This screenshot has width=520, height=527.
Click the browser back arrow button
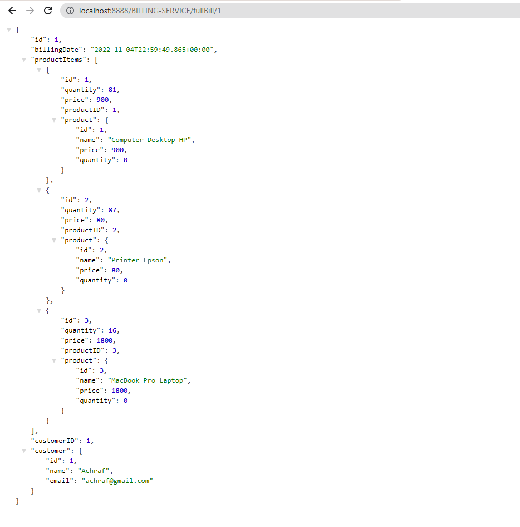tap(12, 11)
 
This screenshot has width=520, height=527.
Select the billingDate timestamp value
tap(153, 50)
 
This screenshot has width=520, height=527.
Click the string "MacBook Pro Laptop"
tap(149, 380)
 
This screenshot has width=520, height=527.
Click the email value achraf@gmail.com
tap(117, 481)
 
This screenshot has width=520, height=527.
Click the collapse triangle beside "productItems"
tap(24, 60)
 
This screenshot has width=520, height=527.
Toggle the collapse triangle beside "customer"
tap(24, 451)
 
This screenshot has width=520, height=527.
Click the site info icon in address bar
tap(70, 11)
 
